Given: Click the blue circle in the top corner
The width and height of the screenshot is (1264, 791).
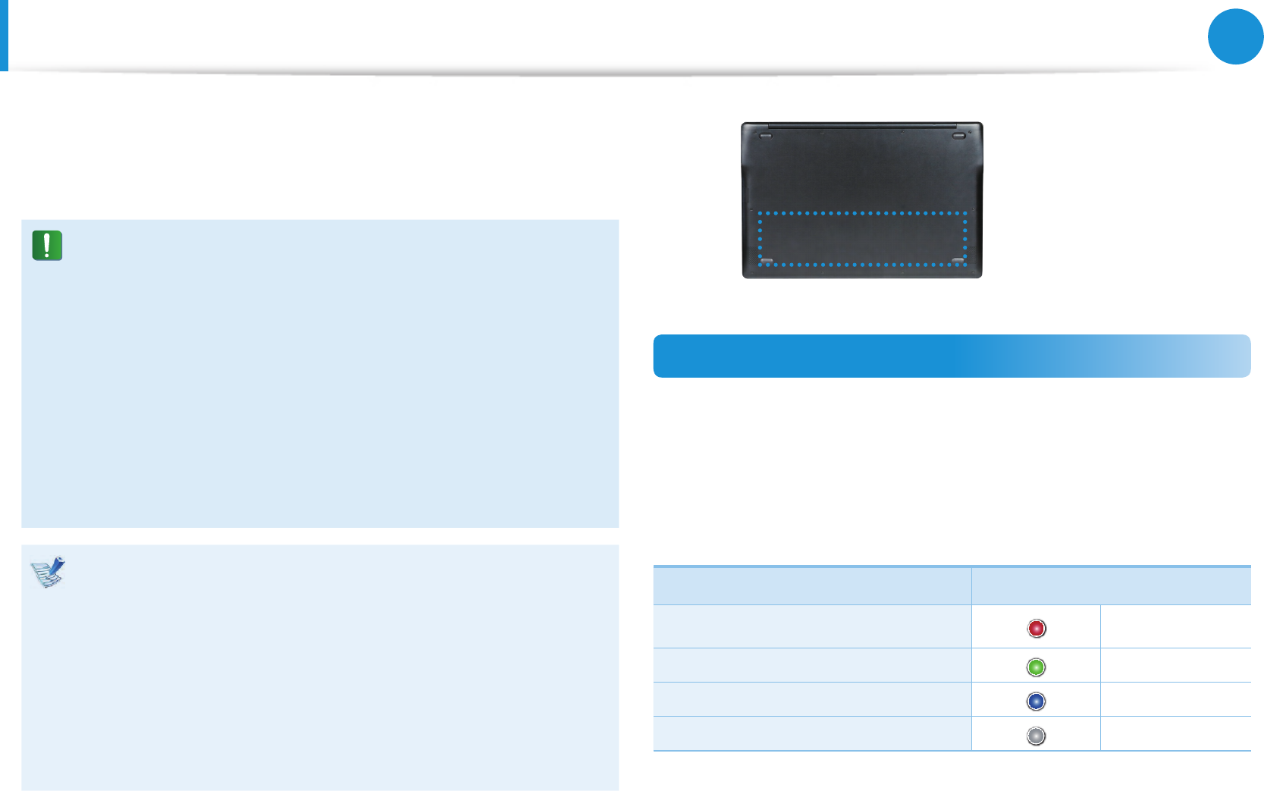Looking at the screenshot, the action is [x=1235, y=36].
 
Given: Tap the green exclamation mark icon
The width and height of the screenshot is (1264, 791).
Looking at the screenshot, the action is [x=47, y=246].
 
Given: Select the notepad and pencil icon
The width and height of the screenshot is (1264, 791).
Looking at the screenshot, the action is [x=48, y=573].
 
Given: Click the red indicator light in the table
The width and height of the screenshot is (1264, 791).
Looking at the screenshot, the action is [x=1036, y=628].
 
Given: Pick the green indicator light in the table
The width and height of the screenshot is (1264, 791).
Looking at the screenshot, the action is [x=1036, y=667].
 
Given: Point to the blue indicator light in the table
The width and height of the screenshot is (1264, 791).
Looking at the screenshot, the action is [x=1036, y=702].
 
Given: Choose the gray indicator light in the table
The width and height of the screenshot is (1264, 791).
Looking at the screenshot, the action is [x=1036, y=736].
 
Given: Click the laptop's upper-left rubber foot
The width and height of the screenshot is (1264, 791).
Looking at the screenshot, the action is [x=764, y=137].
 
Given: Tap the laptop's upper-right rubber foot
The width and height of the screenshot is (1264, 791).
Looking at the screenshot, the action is [x=959, y=137].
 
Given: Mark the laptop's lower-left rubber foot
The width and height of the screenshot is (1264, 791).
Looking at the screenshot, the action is [x=766, y=261].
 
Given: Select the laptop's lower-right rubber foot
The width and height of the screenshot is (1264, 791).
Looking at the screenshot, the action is [x=958, y=261].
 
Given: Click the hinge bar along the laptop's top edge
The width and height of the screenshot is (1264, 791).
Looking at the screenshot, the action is [x=861, y=125].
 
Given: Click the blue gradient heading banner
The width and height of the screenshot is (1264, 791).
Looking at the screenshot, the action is [x=952, y=356].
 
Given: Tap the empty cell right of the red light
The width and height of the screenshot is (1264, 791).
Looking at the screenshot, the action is [x=1175, y=626].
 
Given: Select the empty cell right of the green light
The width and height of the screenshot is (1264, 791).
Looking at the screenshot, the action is [x=1175, y=665].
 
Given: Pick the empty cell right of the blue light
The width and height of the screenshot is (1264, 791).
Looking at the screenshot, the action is [x=1175, y=699].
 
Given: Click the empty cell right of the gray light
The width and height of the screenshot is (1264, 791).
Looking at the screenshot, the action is [x=1175, y=733].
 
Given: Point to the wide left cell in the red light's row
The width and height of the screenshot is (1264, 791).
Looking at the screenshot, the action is [x=812, y=626].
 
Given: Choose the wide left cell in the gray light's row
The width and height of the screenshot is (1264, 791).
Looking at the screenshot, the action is [x=812, y=733].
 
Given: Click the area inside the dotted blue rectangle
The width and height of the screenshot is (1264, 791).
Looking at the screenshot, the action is [x=862, y=239].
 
